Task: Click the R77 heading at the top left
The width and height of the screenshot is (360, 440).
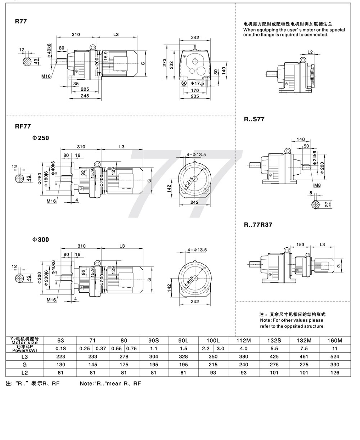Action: pyautogui.click(x=21, y=21)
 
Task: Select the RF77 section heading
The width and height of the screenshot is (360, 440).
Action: pyautogui.click(x=23, y=126)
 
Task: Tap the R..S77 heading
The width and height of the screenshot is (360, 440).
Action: pyautogui.click(x=254, y=119)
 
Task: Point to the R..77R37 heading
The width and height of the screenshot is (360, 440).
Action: pyautogui.click(x=258, y=225)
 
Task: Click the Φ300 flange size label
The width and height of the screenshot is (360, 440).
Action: pyautogui.click(x=41, y=239)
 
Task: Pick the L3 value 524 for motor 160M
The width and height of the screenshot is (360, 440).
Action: pyautogui.click(x=334, y=356)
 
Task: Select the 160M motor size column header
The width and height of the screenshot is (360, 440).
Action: pyautogui.click(x=334, y=341)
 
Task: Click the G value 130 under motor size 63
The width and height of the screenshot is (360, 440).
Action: pyautogui.click(x=60, y=364)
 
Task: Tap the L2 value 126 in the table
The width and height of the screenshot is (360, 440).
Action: pyautogui.click(x=334, y=373)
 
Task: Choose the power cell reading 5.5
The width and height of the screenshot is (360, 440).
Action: pyautogui.click(x=274, y=349)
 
